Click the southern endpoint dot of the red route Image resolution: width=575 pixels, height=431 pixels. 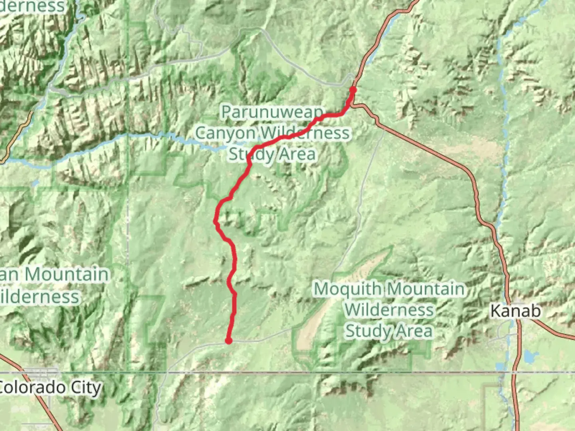click(228, 341)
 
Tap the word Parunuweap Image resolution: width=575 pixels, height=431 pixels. click(272, 112)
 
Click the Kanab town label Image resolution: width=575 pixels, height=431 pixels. click(516, 311)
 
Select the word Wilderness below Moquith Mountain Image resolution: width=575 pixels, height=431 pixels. click(389, 310)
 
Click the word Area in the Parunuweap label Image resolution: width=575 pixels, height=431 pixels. click(297, 154)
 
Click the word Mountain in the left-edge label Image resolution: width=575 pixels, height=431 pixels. click(66, 275)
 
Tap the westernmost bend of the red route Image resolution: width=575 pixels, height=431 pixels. click(216, 221)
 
